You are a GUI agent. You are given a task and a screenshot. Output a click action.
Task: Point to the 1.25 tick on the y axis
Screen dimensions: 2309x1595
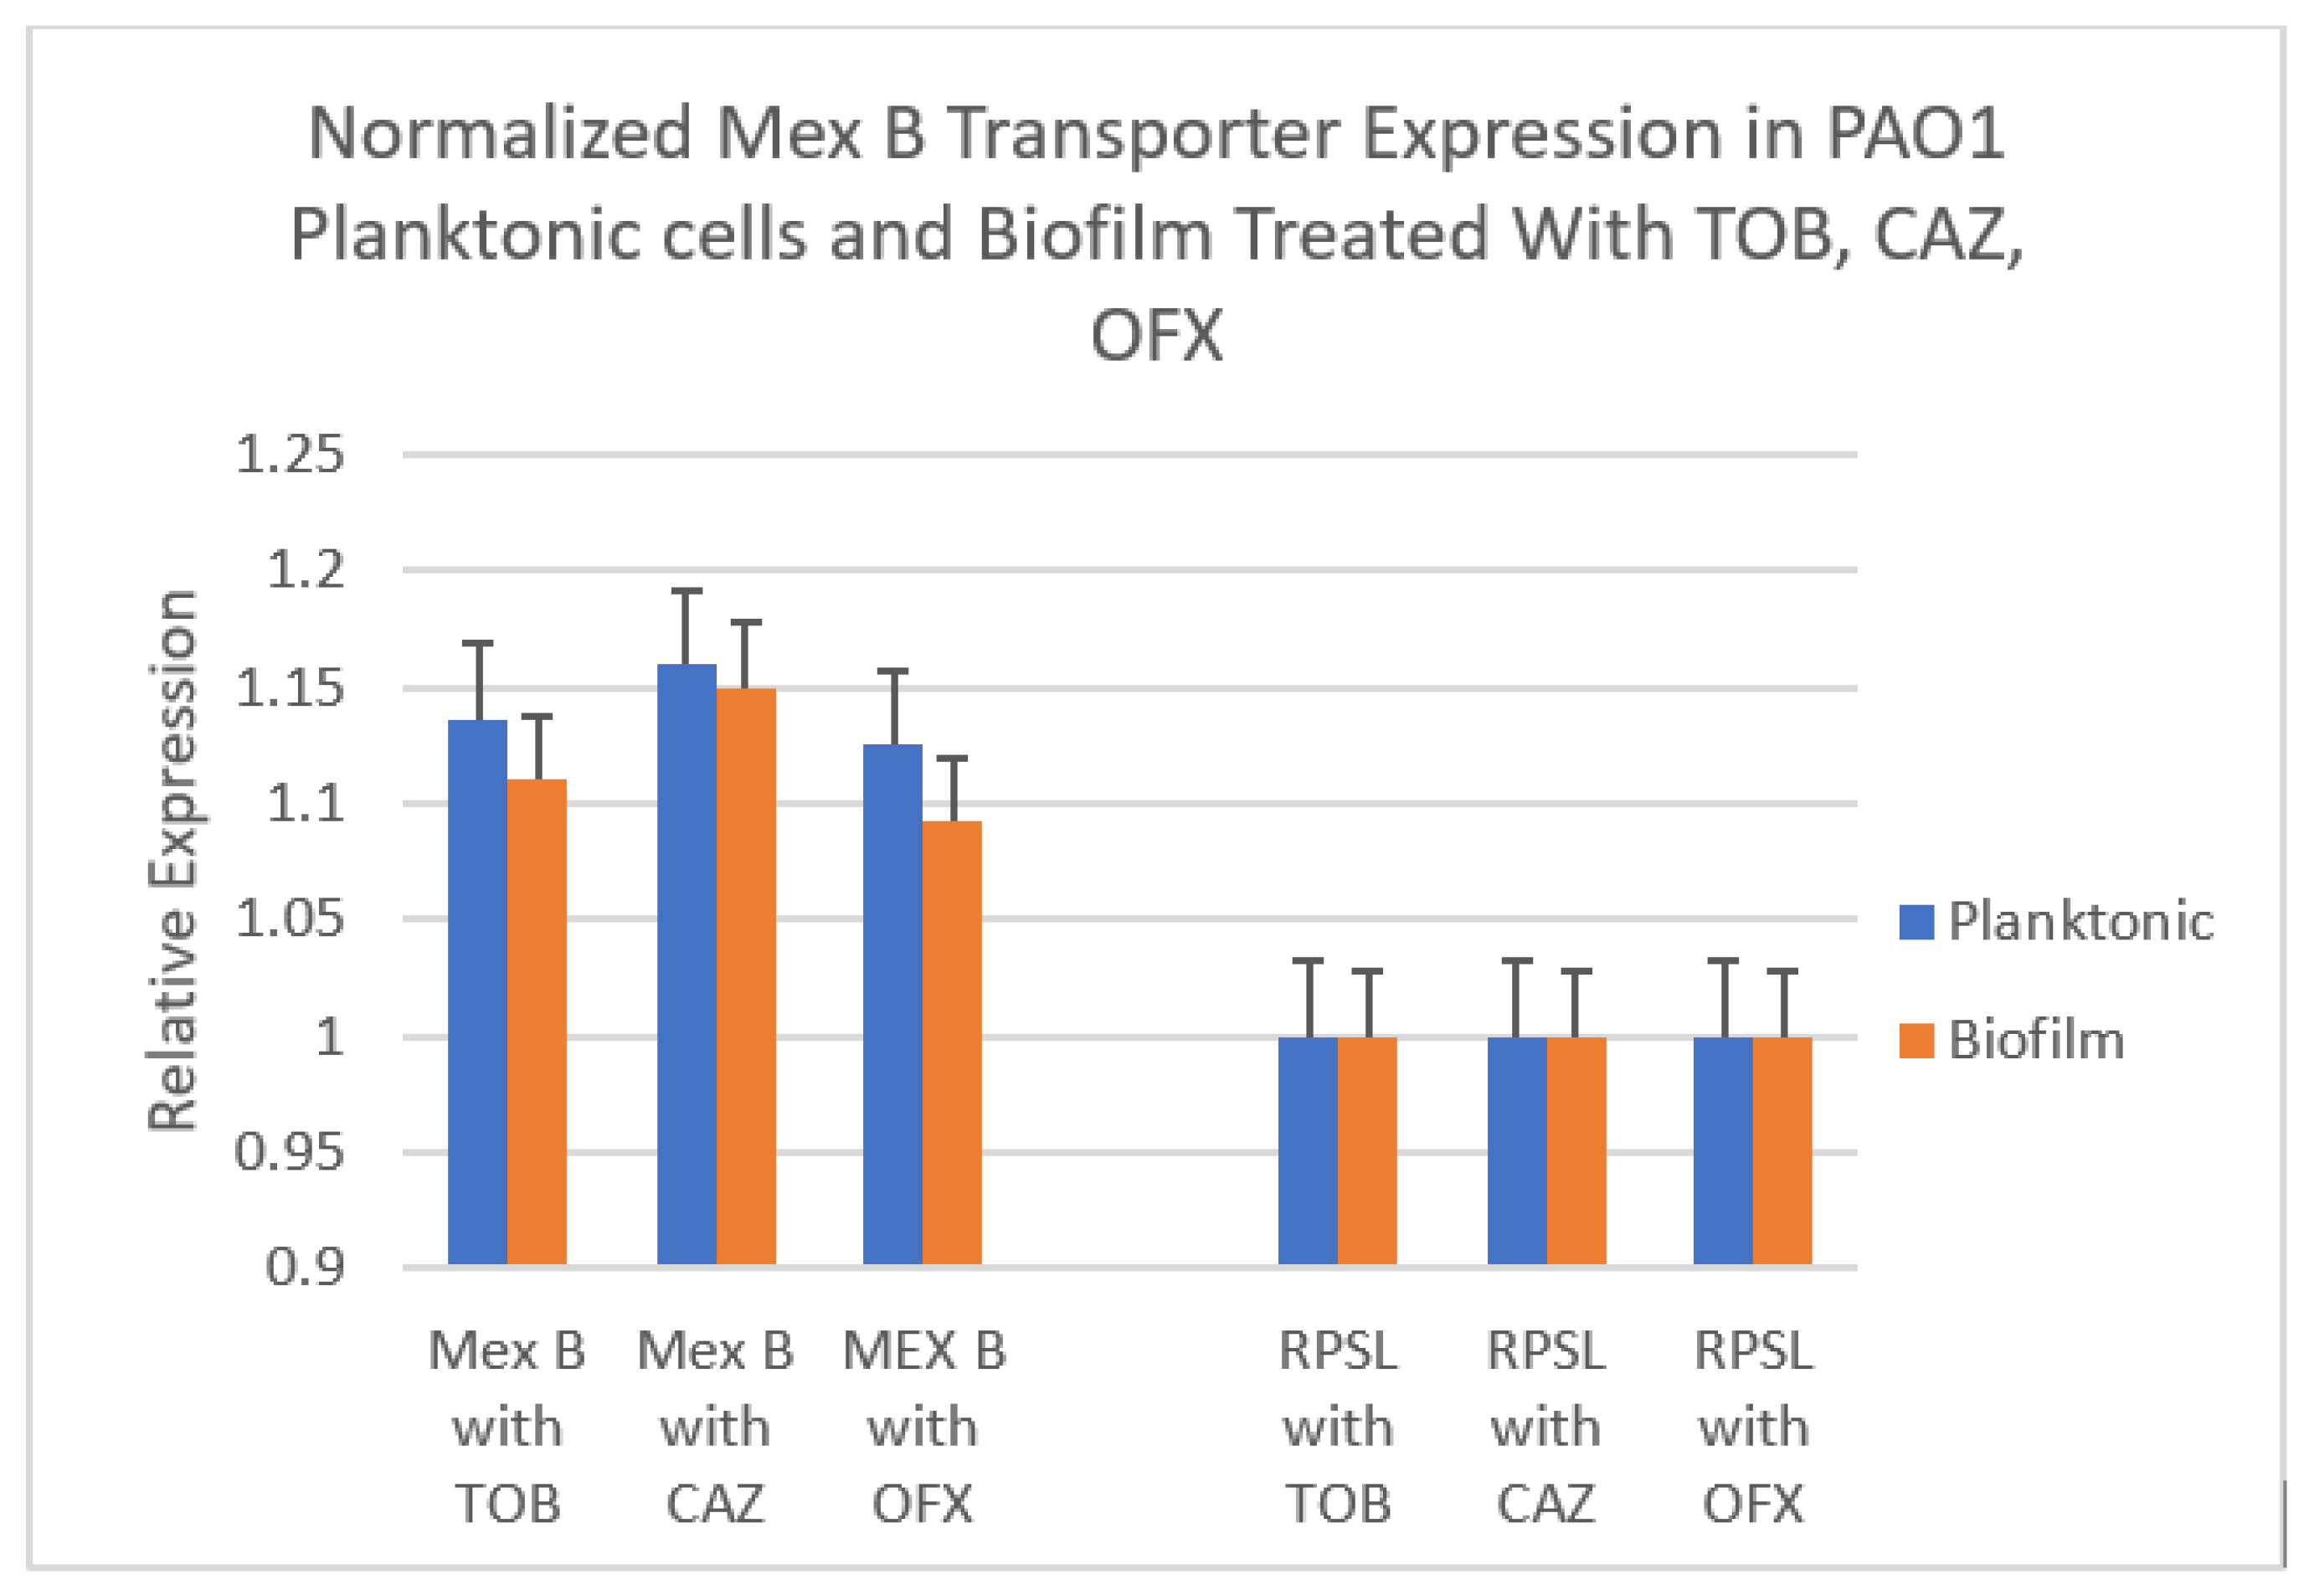click(x=289, y=455)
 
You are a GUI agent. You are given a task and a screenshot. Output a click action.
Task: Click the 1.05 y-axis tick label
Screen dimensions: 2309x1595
click(x=289, y=918)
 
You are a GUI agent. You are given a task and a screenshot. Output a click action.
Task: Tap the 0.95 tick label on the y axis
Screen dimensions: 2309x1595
click(x=289, y=1152)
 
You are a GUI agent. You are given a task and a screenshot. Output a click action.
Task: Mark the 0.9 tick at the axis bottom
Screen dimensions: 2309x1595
click(x=304, y=1267)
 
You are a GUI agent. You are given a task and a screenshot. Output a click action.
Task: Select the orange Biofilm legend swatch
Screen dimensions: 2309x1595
click(x=1916, y=1041)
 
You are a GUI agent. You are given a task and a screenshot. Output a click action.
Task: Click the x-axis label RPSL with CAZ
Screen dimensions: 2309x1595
click(x=1545, y=1427)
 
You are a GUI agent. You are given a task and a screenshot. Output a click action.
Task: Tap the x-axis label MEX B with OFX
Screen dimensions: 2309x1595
click(x=923, y=1427)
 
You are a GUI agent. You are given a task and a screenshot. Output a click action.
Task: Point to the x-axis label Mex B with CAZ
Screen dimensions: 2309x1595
click(x=714, y=1427)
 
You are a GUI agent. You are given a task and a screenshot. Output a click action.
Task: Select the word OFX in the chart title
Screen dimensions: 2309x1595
click(x=1156, y=336)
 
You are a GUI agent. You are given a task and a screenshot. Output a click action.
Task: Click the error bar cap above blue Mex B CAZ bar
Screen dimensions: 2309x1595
click(x=686, y=592)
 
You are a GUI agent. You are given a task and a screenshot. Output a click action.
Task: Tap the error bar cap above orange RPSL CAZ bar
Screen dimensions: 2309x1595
click(x=1575, y=970)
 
